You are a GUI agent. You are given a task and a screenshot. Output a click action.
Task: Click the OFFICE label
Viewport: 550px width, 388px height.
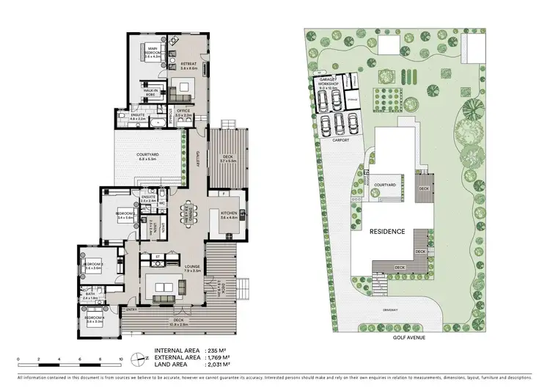tap(183, 114)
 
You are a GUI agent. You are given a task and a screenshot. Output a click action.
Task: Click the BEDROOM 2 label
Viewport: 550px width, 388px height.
tap(124, 216)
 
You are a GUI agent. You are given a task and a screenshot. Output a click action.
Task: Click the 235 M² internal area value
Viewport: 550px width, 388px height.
tap(217, 351)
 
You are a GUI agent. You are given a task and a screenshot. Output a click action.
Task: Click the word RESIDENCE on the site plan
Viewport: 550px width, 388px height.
tap(386, 232)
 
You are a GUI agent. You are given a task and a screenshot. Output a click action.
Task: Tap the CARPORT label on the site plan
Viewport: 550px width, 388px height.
tap(339, 139)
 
